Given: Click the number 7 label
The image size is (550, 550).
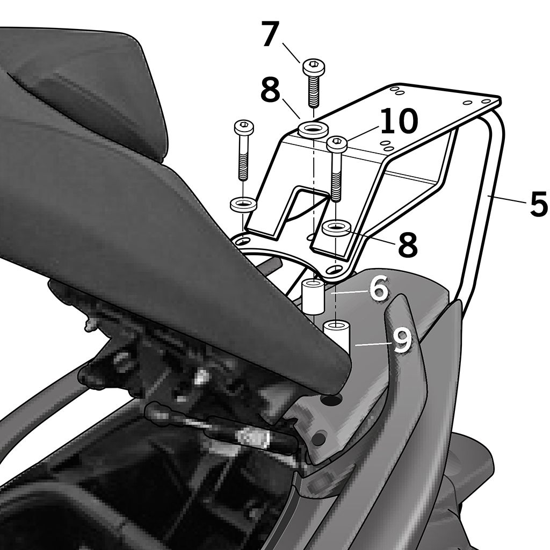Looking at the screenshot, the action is tap(271, 34).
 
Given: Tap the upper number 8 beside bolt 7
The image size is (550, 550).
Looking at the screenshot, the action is tap(271, 90).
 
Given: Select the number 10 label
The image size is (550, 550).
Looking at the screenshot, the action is tap(399, 121).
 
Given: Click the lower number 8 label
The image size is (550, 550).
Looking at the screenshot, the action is tap(408, 244).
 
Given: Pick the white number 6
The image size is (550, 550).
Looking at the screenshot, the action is tap(379, 288).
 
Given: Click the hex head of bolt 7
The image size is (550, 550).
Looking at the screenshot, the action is tap(314, 66).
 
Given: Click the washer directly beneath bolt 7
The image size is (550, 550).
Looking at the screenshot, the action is tap(313, 128).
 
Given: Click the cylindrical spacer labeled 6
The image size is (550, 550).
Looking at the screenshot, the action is tap(313, 296).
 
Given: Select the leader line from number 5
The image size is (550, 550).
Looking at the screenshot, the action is tap(508, 200).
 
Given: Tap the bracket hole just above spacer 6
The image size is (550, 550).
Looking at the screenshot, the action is tap(336, 269).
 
